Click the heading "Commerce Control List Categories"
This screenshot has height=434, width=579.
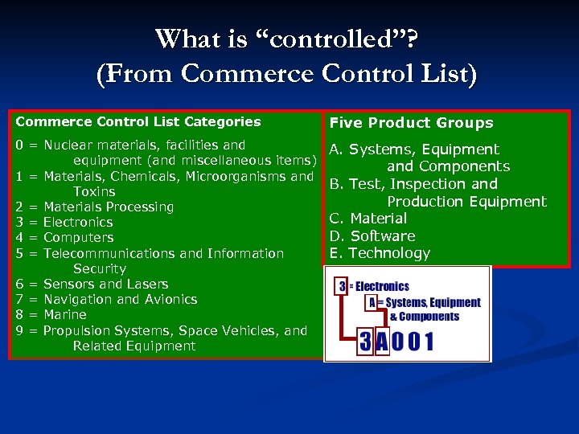coord(138,122)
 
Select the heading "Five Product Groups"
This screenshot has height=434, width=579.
coord(411,123)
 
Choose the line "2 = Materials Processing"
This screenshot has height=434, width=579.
coord(94,207)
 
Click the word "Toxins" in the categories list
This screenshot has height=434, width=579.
coord(94,192)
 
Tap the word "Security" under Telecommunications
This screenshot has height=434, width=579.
coord(99,269)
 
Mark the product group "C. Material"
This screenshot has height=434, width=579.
coord(368,219)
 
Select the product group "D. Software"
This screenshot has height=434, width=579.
coord(372,236)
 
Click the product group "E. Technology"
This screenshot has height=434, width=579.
coord(380,254)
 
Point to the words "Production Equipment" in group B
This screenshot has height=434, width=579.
coord(466,202)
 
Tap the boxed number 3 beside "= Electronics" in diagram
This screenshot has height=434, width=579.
coord(342,286)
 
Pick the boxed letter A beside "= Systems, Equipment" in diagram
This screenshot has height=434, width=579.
coord(372,303)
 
